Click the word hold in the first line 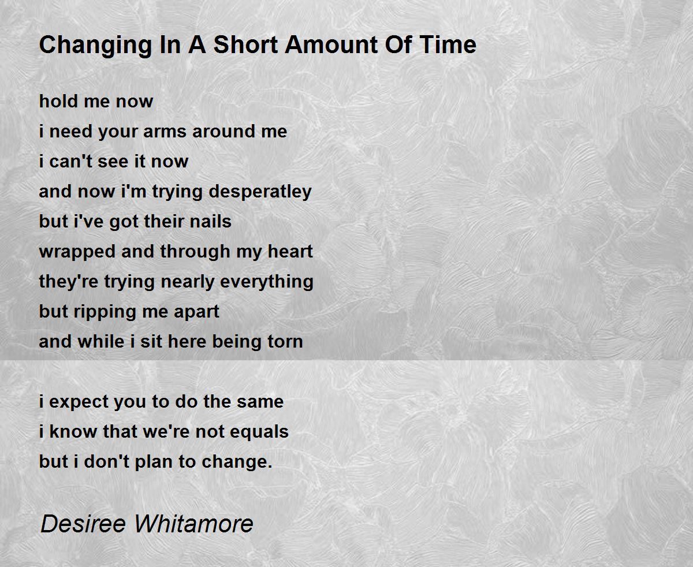tap(58, 101)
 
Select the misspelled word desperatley tap(260, 192)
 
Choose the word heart tap(290, 251)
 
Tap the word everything tap(266, 282)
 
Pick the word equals tap(259, 432)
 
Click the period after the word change tap(270, 467)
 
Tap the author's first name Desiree tap(83, 524)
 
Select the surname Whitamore tap(193, 524)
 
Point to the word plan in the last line tap(154, 463)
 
